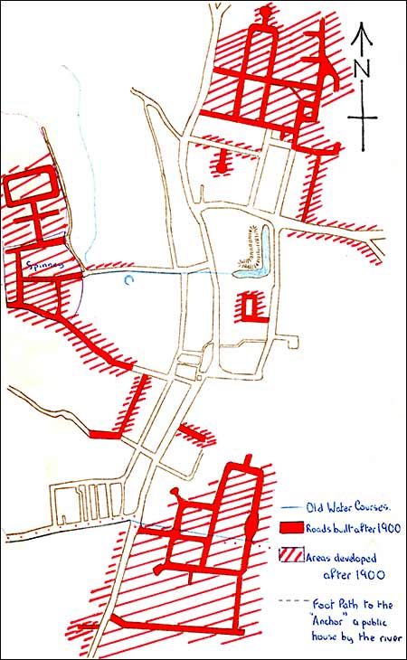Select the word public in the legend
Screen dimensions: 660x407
377,618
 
